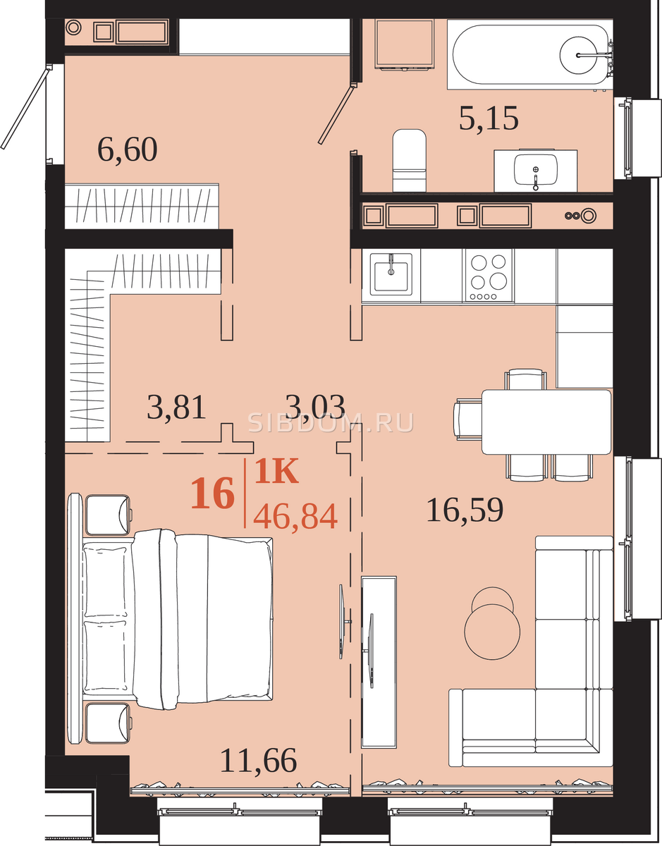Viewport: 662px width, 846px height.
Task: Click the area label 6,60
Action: [128, 149]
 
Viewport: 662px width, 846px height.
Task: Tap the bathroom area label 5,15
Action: [489, 118]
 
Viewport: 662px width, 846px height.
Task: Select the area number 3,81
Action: [176, 407]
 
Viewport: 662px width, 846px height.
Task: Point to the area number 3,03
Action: [315, 407]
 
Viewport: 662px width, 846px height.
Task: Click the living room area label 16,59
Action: [465, 510]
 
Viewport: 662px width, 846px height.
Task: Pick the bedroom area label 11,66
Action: [259, 761]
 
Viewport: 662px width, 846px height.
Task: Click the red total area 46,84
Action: [295, 517]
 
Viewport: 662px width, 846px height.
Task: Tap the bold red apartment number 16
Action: [212, 493]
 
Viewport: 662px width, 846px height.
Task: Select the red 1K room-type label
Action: [276, 471]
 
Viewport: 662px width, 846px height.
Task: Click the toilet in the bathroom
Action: [409, 160]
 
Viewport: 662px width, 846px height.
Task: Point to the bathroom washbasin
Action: [536, 170]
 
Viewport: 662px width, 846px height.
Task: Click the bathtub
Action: [530, 55]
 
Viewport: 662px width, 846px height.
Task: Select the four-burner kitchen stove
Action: [488, 275]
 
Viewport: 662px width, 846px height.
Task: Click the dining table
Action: [546, 422]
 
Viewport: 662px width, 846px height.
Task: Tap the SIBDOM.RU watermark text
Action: [331, 423]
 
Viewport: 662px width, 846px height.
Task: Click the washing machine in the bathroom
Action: [405, 45]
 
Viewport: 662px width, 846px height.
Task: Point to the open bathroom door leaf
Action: [336, 114]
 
